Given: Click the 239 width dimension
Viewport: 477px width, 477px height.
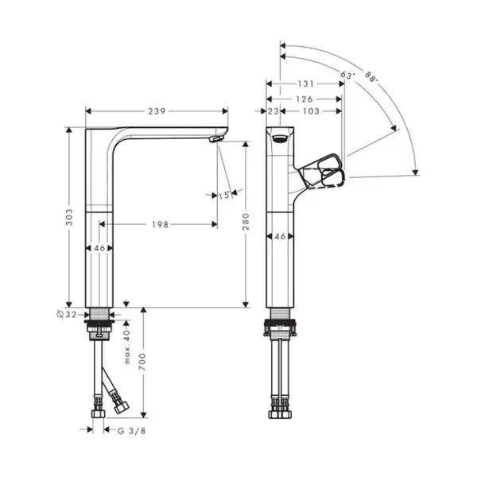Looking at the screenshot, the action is [157, 111].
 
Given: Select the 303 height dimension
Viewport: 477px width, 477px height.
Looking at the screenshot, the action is [70, 217].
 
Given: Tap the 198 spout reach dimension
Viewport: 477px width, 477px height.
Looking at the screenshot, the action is [160, 224].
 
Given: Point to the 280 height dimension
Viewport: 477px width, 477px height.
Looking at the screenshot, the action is [246, 221].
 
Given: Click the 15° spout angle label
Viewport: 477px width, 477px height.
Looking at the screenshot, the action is [224, 196].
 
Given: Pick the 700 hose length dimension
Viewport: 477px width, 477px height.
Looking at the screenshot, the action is [142, 362].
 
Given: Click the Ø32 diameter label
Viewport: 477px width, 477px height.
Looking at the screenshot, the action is [67, 315].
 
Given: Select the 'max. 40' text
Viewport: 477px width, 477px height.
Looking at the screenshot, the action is [127, 347].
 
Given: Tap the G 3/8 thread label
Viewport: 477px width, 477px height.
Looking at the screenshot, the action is [132, 431].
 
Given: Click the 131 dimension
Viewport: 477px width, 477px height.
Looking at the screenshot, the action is [305, 83].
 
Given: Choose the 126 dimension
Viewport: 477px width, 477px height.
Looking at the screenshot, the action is [304, 99].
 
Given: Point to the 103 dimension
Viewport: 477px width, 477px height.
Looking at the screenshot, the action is [311, 111].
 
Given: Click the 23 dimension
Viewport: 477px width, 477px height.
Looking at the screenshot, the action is [273, 111].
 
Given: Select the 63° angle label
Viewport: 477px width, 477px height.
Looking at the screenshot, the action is [347, 75].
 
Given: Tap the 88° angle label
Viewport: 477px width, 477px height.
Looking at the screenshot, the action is [371, 76].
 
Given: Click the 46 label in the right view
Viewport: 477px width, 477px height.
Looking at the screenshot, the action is [280, 236].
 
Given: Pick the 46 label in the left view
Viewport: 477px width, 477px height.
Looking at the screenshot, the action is [99, 248].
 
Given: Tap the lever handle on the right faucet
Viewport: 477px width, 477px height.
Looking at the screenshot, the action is [323, 172].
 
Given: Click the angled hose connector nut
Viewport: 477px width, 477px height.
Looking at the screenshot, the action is [122, 407].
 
